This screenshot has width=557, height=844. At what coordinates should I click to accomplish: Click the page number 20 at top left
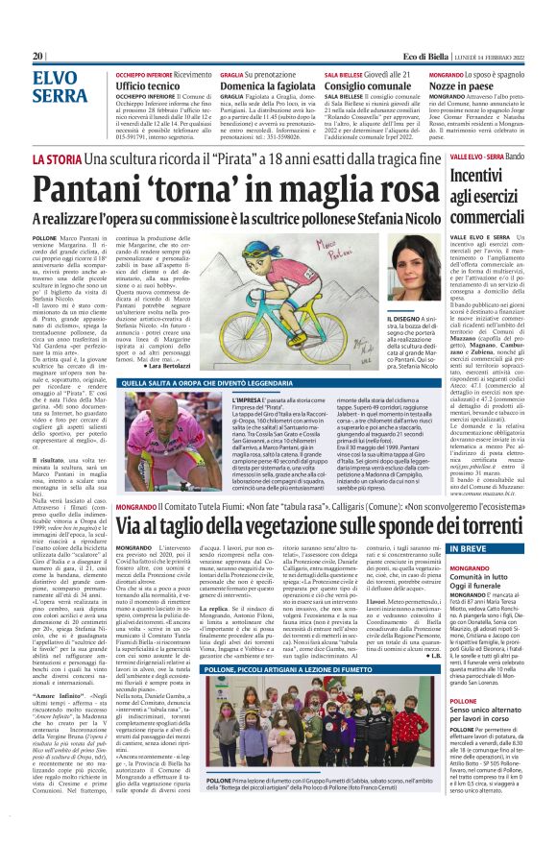37,56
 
